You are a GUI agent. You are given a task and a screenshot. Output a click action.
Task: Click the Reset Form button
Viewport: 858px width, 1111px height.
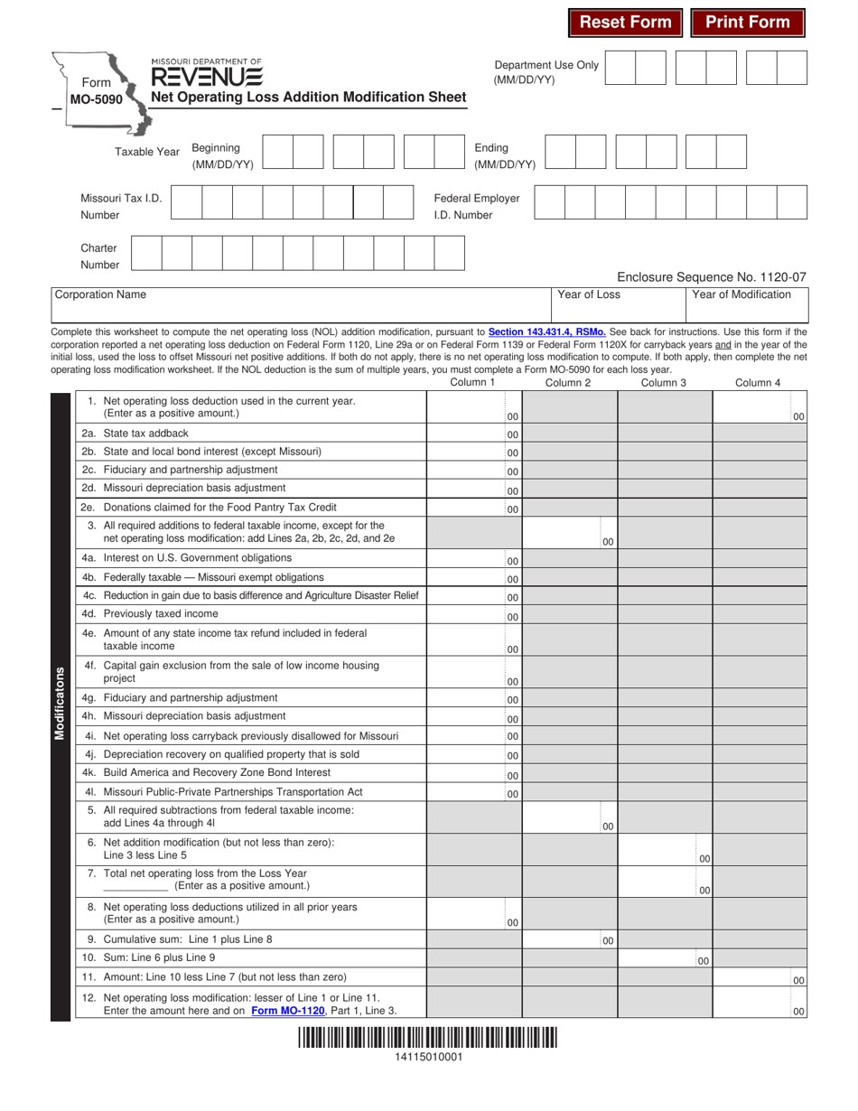(x=625, y=23)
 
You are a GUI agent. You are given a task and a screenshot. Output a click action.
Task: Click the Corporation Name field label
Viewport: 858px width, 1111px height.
(x=100, y=294)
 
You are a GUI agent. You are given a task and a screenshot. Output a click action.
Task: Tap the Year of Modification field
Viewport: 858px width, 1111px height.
(x=749, y=304)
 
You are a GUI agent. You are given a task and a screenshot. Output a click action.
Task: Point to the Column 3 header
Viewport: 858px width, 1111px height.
(x=664, y=383)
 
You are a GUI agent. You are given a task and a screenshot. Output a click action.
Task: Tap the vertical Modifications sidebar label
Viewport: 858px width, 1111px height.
(x=60, y=704)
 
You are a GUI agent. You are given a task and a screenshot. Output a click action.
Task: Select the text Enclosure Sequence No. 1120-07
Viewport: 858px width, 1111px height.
(x=711, y=277)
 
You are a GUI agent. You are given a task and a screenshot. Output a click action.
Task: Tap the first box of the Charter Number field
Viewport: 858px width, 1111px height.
(x=147, y=254)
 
